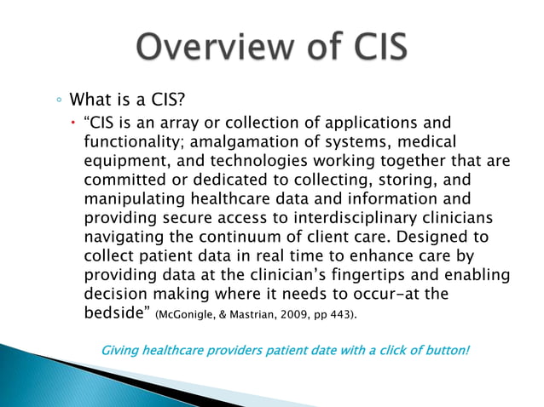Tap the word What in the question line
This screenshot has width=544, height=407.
coord(90,100)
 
